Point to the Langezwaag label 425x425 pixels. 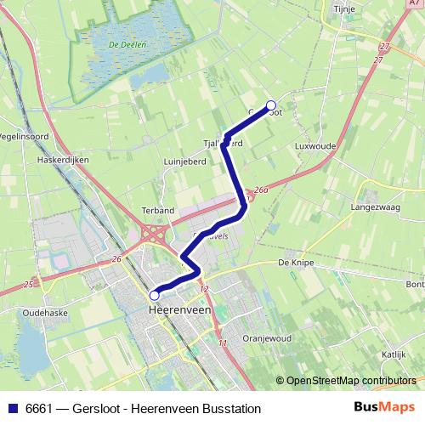[375, 207]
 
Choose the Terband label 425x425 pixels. [158, 210]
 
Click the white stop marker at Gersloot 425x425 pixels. [272, 106]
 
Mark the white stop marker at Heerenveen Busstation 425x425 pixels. [155, 295]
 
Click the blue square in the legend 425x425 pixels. [13, 409]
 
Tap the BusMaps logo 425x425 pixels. [385, 408]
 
